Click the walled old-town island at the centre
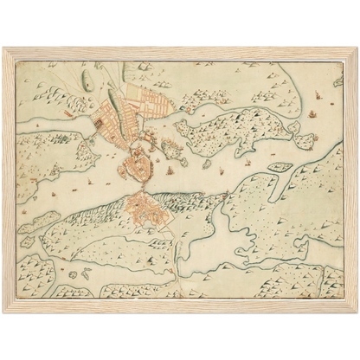[x=138, y=162]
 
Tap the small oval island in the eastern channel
[x=279, y=166]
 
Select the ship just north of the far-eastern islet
[x=308, y=112]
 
